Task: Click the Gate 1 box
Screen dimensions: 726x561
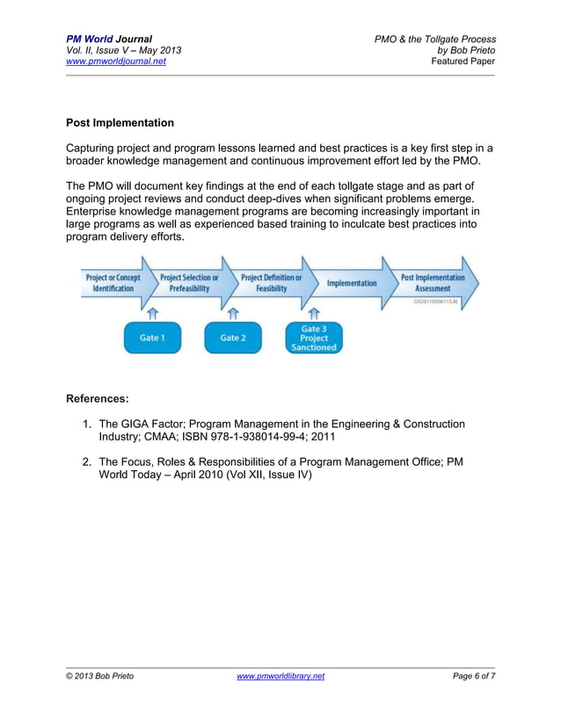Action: click(151, 338)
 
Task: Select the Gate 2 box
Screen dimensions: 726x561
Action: click(233, 338)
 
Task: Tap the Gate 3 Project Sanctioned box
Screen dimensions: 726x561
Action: click(314, 338)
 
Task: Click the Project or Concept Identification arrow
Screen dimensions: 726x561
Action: click(113, 283)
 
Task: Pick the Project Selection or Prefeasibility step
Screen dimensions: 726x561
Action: click(189, 283)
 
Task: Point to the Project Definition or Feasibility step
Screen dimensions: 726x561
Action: click(271, 283)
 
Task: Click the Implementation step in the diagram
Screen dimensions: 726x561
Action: click(352, 283)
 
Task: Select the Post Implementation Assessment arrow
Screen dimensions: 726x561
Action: click(433, 283)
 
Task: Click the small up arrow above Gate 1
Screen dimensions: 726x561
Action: click(151, 312)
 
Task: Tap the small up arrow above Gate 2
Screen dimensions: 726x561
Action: click(233, 312)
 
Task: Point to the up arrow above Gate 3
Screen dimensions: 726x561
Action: click(314, 312)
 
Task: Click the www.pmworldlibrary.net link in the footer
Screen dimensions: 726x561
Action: click(280, 676)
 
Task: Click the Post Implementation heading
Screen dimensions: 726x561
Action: click(120, 123)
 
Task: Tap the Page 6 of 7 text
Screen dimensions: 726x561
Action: click(474, 676)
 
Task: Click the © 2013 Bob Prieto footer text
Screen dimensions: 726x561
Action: click(100, 676)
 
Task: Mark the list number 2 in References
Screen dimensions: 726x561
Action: click(87, 461)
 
